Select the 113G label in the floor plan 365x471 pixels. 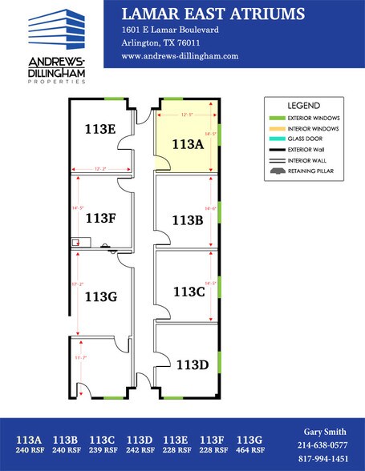[101, 296]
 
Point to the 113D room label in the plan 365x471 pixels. [192, 365]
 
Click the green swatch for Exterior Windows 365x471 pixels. [277, 118]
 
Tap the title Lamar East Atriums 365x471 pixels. [213, 14]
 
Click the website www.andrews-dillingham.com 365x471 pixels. [180, 56]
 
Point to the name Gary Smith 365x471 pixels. [322, 431]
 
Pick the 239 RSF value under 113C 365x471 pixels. [102, 451]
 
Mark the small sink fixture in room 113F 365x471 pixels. [75, 241]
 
